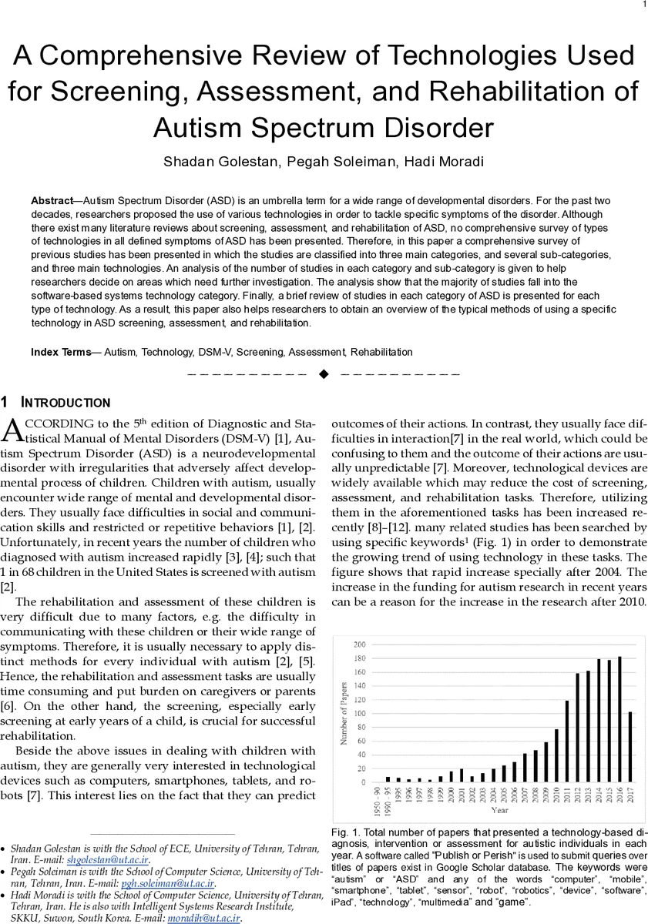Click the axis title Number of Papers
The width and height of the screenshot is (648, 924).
click(x=344, y=713)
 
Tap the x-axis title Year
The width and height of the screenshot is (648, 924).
click(x=499, y=810)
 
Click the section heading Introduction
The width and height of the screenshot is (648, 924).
click(x=65, y=403)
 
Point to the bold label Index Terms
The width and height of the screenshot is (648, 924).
click(x=61, y=352)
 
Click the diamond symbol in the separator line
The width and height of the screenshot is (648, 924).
click(x=324, y=374)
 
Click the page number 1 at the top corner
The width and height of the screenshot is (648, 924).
click(x=643, y=5)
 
